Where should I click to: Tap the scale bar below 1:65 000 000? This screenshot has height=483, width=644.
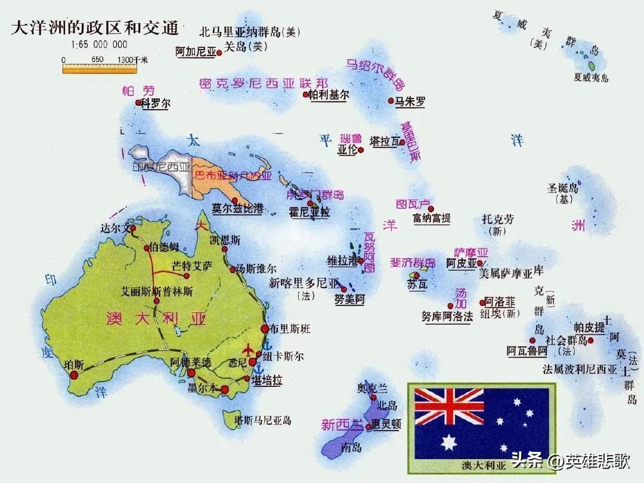100,69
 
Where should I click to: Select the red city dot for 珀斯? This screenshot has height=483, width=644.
74,375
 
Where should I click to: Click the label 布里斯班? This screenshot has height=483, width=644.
290,329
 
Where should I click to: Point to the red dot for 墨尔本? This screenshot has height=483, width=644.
225,390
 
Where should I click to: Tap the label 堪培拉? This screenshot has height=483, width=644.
267,380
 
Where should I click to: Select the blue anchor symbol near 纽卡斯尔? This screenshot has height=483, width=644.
267,344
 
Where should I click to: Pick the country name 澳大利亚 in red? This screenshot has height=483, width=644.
156,318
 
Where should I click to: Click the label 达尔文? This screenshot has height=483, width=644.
115,228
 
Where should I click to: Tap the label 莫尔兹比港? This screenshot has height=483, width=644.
237,209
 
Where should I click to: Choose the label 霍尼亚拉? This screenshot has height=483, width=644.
309,212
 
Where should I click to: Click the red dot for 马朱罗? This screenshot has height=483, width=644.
391,101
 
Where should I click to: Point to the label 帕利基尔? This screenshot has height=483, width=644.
329,95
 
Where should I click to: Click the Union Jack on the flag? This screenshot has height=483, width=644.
449,406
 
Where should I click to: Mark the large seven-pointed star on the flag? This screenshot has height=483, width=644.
449,442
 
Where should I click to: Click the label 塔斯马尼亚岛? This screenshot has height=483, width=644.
263,420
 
